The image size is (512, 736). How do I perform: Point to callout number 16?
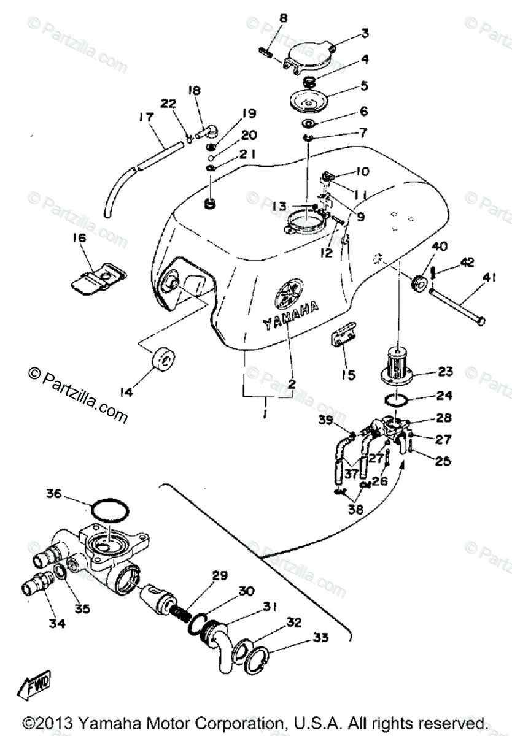[x=80, y=237]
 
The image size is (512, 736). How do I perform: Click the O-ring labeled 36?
[x=111, y=509]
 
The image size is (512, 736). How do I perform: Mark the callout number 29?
[x=220, y=575]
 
